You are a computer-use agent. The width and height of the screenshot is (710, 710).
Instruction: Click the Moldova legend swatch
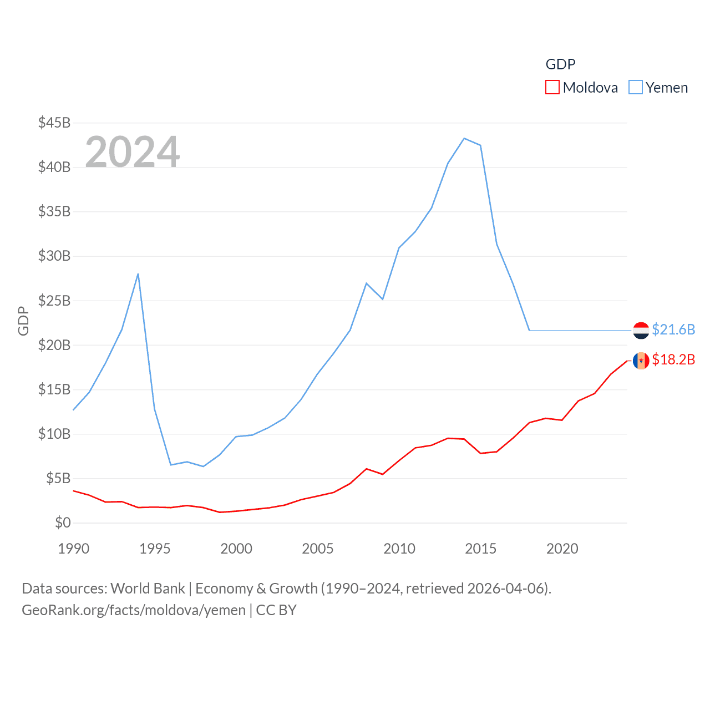[552, 88]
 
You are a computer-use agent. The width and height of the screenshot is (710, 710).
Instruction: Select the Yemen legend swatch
[636, 88]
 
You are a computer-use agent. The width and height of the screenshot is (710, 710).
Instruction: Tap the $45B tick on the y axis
[54, 123]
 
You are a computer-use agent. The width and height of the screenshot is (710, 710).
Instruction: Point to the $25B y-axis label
[54, 301]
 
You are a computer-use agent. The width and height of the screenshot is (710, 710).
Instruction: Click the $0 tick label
[63, 523]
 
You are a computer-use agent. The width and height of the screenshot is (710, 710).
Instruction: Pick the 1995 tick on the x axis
[155, 549]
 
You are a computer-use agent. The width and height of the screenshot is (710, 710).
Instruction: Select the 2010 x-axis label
[399, 549]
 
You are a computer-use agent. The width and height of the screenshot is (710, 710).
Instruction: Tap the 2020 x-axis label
[562, 549]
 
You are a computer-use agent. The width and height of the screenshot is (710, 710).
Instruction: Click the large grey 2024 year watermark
[133, 151]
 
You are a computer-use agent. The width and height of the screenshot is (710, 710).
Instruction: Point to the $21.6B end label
[673, 329]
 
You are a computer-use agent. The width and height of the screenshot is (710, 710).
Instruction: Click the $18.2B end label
[673, 359]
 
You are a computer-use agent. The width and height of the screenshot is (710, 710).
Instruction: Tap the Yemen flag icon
[641, 330]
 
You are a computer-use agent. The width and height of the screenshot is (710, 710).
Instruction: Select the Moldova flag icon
[641, 361]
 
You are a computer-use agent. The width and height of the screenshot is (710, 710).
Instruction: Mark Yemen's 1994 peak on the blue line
[138, 273]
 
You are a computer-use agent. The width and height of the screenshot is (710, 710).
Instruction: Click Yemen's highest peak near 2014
[464, 138]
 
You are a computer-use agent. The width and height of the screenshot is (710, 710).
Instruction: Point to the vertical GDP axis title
[23, 321]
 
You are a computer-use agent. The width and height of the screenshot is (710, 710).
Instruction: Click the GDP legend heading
[560, 64]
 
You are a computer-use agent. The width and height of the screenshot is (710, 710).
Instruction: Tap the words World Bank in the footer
[148, 588]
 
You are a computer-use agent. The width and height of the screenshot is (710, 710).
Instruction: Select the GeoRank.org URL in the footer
[134, 610]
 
